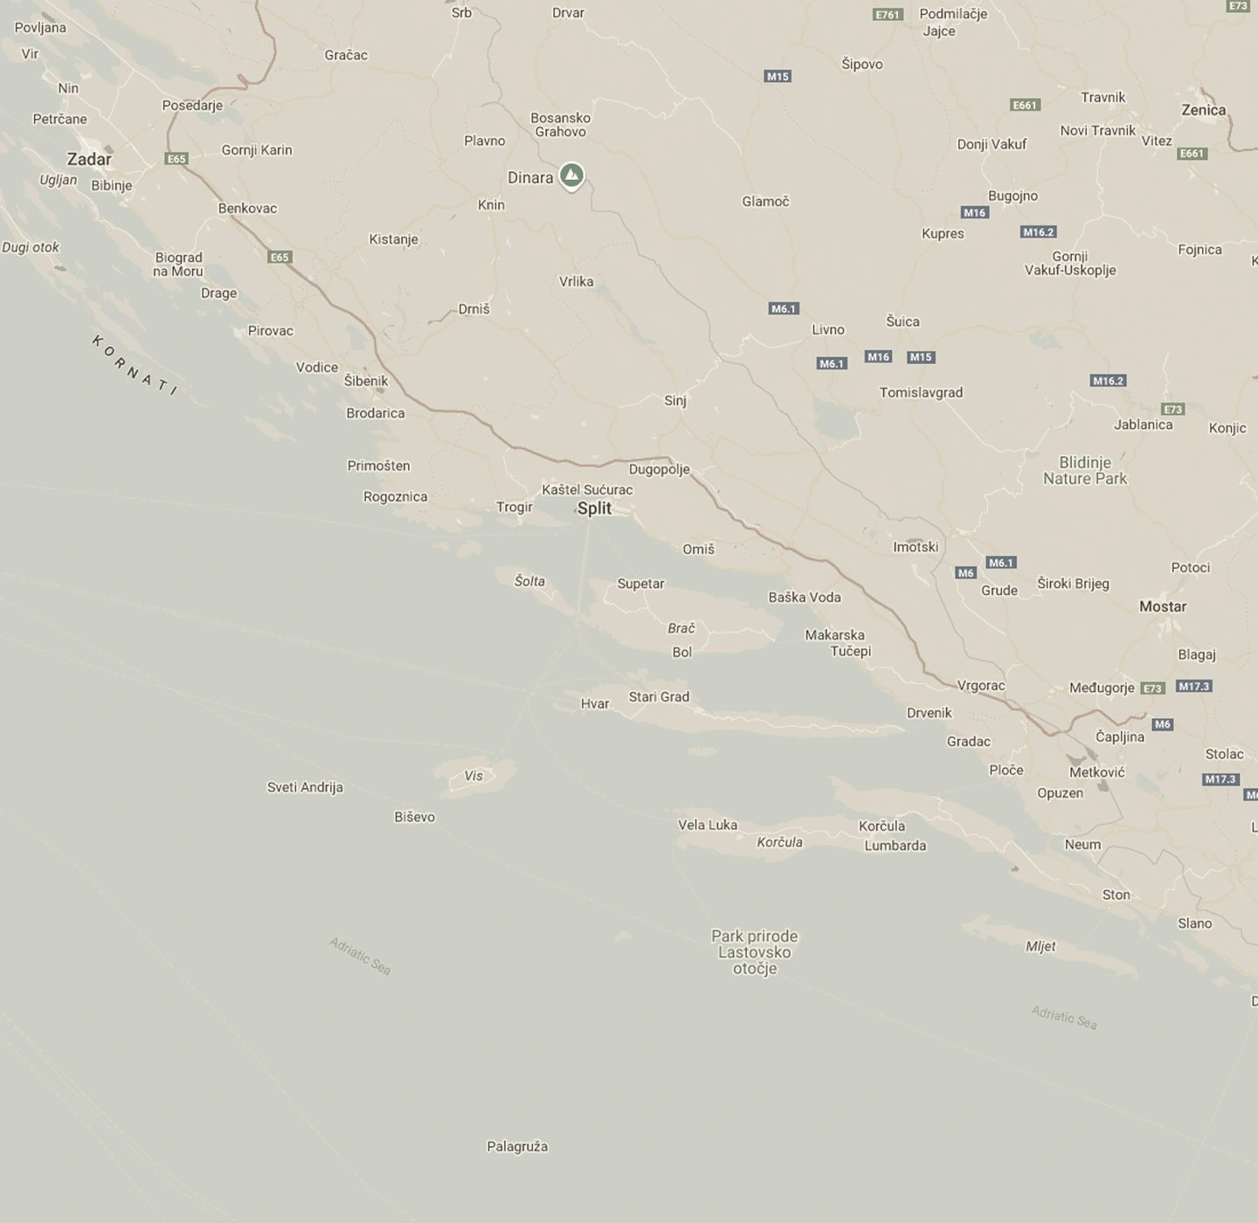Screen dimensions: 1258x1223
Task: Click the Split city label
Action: point(594,508)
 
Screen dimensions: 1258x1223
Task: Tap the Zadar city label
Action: point(89,159)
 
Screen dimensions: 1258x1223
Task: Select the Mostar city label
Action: point(1163,606)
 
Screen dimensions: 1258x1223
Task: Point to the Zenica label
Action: point(1203,110)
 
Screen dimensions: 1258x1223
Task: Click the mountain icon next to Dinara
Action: point(571,176)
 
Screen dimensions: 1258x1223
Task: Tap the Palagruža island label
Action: point(517,1146)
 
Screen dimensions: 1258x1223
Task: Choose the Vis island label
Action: point(473,776)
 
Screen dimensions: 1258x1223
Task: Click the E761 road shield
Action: point(888,14)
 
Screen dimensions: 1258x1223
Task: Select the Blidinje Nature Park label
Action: point(1085,470)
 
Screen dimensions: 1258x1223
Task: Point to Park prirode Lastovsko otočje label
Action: point(755,952)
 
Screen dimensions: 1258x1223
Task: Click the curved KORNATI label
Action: point(135,364)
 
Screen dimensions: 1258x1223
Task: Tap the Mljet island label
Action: point(1040,946)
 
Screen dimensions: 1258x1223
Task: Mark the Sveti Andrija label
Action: point(305,787)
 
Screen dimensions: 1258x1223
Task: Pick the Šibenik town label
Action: point(366,381)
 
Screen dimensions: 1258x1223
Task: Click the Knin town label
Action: point(491,204)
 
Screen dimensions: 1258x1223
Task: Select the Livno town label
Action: point(828,329)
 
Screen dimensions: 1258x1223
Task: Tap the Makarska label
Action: point(834,635)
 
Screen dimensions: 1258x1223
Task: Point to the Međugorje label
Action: point(1102,688)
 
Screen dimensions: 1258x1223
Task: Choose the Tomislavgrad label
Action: point(921,392)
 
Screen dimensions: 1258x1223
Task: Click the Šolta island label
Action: point(529,581)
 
